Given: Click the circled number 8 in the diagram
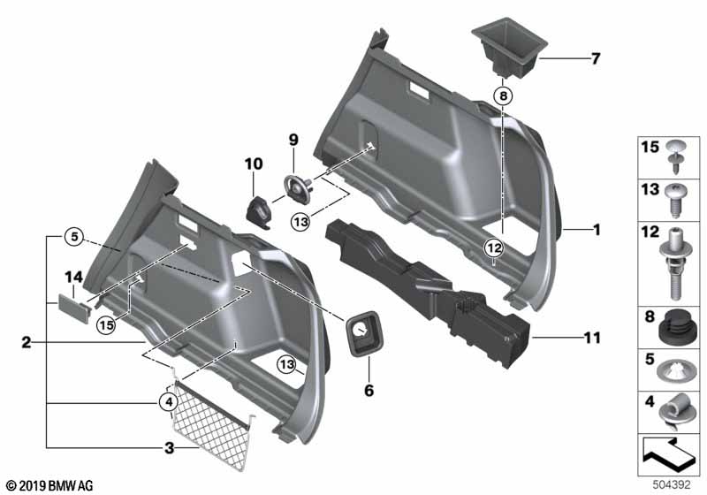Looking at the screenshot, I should (502, 95).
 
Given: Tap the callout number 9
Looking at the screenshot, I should (294, 139).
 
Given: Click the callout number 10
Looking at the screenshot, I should (254, 164).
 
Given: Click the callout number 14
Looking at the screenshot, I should (73, 278).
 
